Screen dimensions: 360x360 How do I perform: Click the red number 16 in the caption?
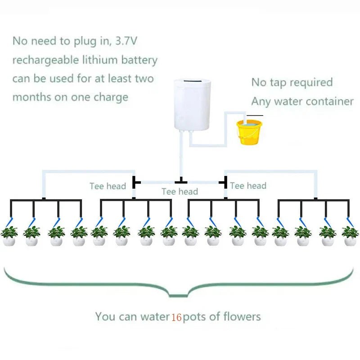click(176, 317)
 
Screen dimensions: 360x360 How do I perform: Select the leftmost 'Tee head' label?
click(108, 186)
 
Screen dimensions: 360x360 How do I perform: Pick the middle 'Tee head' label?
click(180, 192)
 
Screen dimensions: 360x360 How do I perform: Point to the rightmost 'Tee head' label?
click(248, 185)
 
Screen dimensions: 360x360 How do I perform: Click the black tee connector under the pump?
click(181, 181)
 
